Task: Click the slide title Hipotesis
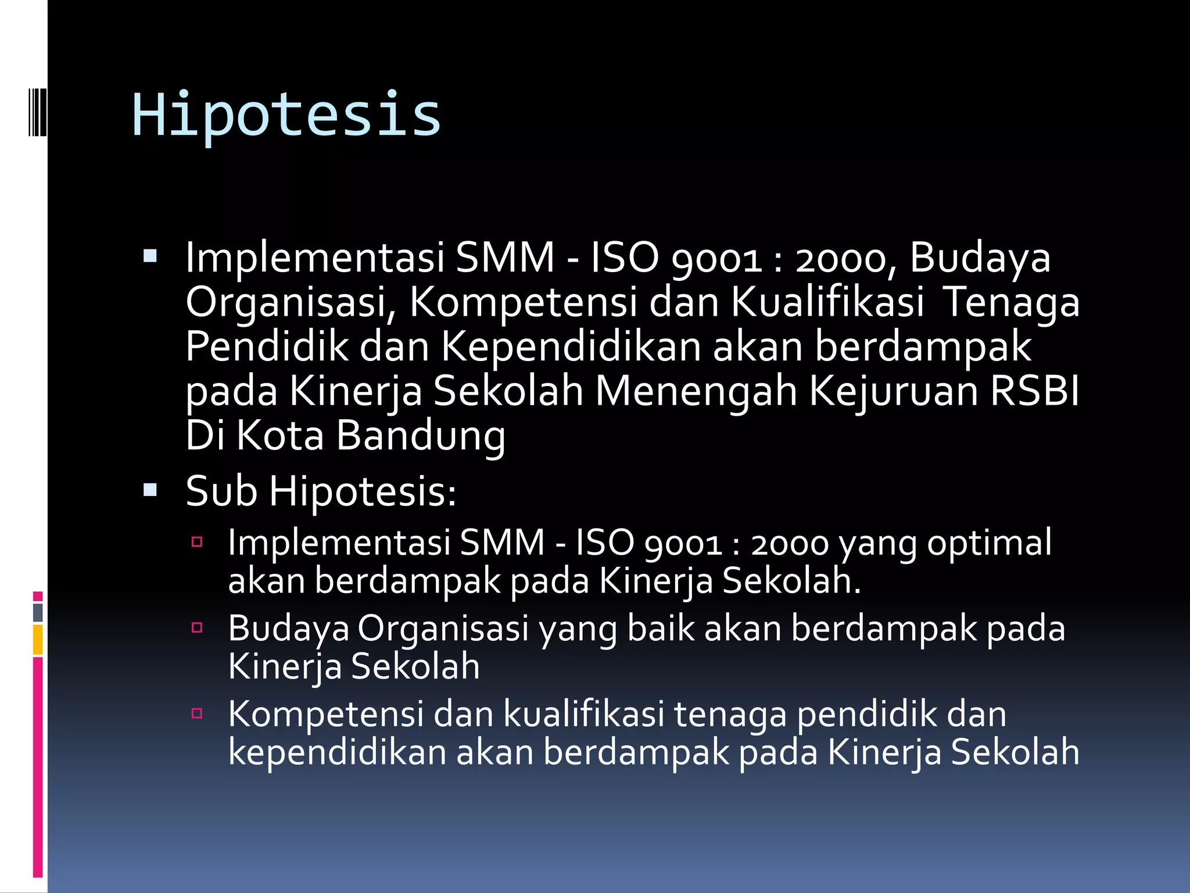click(286, 115)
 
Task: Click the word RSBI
click(1034, 391)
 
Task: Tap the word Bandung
click(421, 436)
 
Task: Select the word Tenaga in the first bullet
click(1010, 302)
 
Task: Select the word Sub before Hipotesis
click(221, 491)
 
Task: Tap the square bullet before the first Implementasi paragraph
click(150, 256)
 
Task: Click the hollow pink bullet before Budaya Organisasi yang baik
click(197, 628)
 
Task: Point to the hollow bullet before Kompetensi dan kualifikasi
click(197, 713)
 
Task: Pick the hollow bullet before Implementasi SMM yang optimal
click(197, 542)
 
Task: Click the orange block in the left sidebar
click(38, 639)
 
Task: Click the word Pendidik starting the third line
click(267, 347)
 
